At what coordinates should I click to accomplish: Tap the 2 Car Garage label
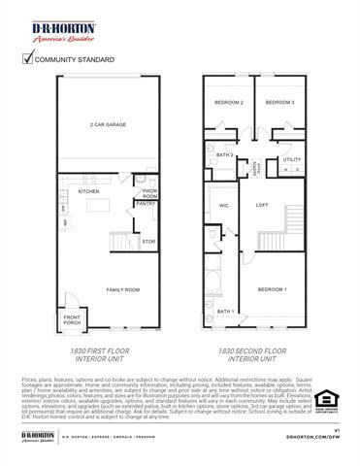pyautogui.click(x=110, y=125)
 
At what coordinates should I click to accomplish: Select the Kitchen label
pyautogui.click(x=88, y=191)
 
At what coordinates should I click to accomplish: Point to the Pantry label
pyautogui.click(x=146, y=204)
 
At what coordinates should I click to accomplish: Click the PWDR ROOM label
pyautogui.click(x=150, y=192)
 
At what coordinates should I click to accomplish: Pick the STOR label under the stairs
pyautogui.click(x=148, y=241)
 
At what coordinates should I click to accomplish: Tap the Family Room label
pyautogui.click(x=123, y=289)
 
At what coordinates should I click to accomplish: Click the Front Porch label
pyautogui.click(x=73, y=320)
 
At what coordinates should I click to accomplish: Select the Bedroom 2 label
pyautogui.click(x=229, y=102)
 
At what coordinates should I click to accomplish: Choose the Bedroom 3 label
pyautogui.click(x=280, y=102)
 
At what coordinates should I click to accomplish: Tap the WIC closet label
pyautogui.click(x=223, y=206)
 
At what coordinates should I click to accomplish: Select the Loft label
pyautogui.click(x=261, y=205)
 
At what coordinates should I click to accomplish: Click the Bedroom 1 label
pyautogui.click(x=272, y=289)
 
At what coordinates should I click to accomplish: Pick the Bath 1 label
pyautogui.click(x=225, y=312)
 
